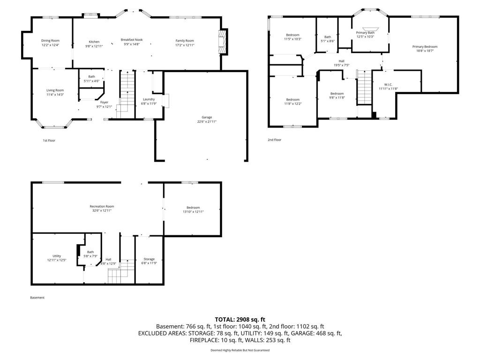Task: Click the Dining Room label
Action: pyautogui.click(x=51, y=41)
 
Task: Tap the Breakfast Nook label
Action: pyautogui.click(x=131, y=40)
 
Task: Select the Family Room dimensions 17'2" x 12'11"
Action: pyautogui.click(x=185, y=45)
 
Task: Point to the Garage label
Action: pyautogui.click(x=207, y=117)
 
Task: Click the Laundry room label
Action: pyautogui.click(x=149, y=99)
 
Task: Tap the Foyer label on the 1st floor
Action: pyautogui.click(x=104, y=102)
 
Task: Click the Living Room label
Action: pyautogui.click(x=55, y=90)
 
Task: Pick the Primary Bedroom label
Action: pyautogui.click(x=425, y=47)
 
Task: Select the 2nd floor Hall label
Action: pyautogui.click(x=342, y=60)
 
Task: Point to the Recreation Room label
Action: pyautogui.click(x=102, y=206)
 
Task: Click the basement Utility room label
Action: pyautogui.click(x=57, y=256)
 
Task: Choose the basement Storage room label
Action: pyautogui.click(x=149, y=259)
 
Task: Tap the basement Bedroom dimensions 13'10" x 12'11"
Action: pyautogui.click(x=193, y=212)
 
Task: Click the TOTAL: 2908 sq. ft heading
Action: pyautogui.click(x=240, y=319)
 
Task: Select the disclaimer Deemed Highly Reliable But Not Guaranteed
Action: pyautogui.click(x=240, y=350)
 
